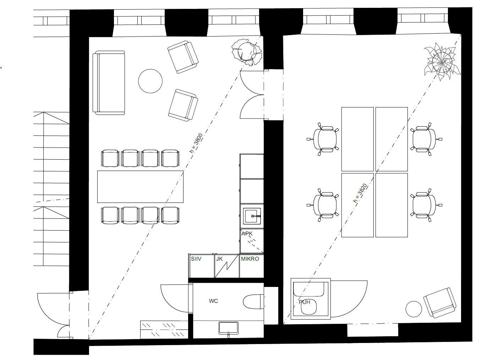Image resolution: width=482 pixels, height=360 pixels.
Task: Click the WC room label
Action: (x=213, y=301)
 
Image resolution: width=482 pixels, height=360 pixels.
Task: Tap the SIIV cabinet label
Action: (x=196, y=259)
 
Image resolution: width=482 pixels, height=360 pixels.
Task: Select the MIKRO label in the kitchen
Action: (x=250, y=259)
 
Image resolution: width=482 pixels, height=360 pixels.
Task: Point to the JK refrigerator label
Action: (x=219, y=259)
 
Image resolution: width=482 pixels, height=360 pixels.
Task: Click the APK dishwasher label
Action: (x=247, y=234)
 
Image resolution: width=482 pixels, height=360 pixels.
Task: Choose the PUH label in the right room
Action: (x=305, y=302)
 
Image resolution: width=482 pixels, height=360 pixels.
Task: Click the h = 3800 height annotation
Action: (x=196, y=143)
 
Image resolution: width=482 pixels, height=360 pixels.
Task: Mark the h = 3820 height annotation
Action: (x=360, y=193)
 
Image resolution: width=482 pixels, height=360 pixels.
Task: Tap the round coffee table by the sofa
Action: (x=150, y=81)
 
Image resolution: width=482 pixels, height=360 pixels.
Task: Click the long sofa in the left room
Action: (x=109, y=83)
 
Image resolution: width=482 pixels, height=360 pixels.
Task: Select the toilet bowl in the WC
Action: (x=253, y=302)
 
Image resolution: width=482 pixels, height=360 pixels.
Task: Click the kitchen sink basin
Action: (x=252, y=216)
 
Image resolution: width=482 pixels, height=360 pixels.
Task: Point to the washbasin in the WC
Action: (x=228, y=328)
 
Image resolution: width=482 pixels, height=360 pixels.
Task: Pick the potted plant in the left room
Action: (x=247, y=52)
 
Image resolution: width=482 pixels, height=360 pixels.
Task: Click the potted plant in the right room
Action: (x=442, y=62)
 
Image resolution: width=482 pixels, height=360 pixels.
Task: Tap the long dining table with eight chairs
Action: (x=140, y=187)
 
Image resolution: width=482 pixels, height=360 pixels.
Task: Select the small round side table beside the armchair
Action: (x=414, y=309)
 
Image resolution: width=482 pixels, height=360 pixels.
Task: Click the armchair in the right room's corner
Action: (x=440, y=303)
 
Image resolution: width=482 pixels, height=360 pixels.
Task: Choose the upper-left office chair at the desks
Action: (x=323, y=139)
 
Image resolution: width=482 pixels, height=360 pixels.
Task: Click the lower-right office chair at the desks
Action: (x=426, y=205)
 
